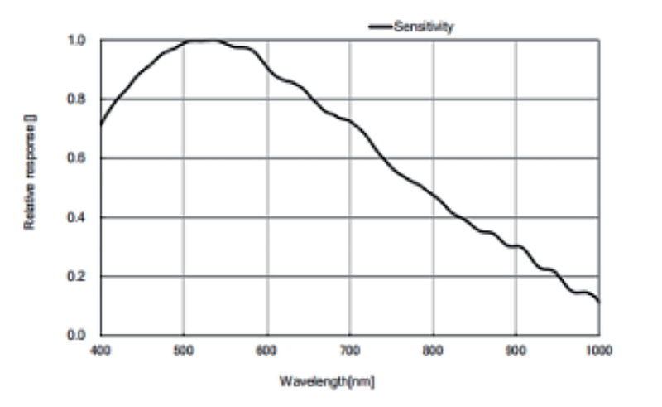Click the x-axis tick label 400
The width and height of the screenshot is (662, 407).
tap(100, 351)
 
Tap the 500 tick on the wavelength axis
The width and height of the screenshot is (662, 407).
tap(184, 351)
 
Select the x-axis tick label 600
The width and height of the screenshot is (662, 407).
tap(266, 351)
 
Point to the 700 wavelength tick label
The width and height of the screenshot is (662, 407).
tap(349, 351)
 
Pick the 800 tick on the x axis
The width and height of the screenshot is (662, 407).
tap(433, 351)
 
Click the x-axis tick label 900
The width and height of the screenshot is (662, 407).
tap(516, 351)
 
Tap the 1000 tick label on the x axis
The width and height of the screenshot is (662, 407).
tap(597, 351)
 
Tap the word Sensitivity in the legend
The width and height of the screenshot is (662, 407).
tap(423, 27)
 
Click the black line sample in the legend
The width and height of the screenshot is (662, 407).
tap(380, 27)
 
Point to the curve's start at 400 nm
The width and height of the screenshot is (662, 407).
tap(101, 124)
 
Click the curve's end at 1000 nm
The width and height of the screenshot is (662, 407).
tap(598, 302)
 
